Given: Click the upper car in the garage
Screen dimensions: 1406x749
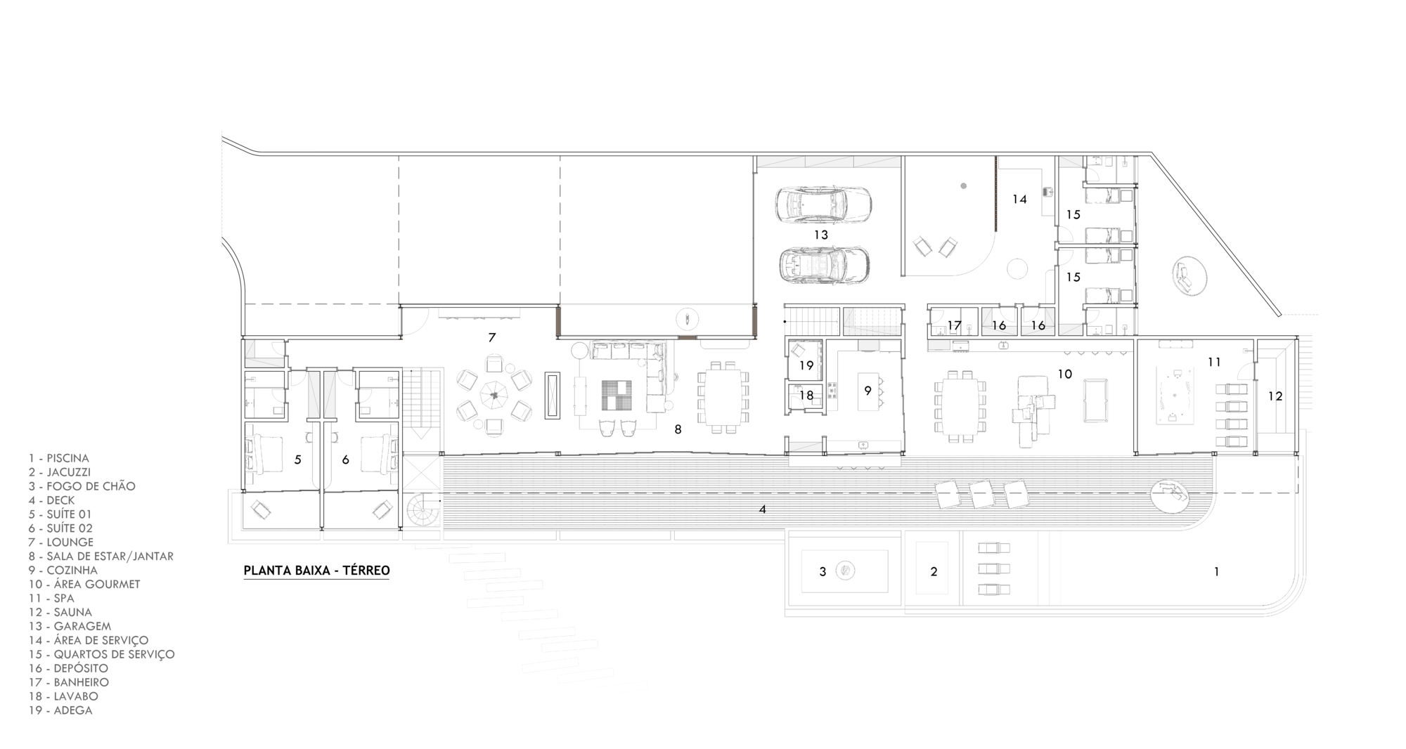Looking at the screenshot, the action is (823, 204).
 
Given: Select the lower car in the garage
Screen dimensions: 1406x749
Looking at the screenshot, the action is (825, 265).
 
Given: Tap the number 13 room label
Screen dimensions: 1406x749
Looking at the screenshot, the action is (821, 235).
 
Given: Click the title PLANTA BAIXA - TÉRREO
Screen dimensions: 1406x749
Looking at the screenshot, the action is (316, 571).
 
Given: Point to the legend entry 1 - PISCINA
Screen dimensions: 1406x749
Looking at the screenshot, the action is (59, 458).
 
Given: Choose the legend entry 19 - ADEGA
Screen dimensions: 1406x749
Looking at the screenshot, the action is (60, 710).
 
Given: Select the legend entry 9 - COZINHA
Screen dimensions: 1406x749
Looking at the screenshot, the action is (63, 571).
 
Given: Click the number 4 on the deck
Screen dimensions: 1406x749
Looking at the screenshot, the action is (763, 509).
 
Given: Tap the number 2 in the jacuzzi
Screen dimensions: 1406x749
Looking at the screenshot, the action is (934, 572).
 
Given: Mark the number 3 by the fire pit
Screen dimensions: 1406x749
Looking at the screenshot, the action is (823, 572).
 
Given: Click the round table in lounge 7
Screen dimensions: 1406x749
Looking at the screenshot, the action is (494, 396).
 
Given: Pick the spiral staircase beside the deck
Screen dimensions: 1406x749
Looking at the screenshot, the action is (423, 509).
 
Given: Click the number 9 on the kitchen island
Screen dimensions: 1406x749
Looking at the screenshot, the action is (868, 390).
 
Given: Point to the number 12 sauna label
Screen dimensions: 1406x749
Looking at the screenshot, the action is (1275, 396).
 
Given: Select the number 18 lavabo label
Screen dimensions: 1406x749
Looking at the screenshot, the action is (806, 396).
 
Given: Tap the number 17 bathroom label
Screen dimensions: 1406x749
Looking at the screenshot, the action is (954, 325).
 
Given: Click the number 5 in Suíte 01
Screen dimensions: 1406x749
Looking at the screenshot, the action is (298, 460).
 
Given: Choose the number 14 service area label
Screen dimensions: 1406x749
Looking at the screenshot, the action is (1019, 200).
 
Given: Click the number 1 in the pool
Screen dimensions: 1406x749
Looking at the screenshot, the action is (1216, 572).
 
